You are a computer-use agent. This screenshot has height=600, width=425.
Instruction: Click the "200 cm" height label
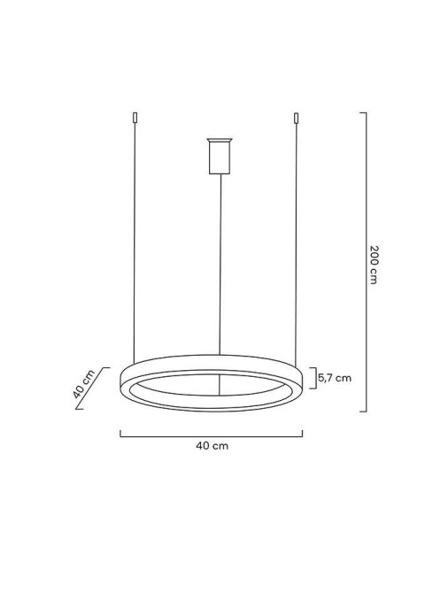pos(375,263)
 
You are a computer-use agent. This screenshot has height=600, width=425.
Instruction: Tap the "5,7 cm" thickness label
pos(334,378)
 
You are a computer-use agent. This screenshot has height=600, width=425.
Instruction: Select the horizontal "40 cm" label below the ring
pos(212,447)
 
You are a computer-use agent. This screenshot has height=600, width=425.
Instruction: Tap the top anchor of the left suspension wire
pos(134,117)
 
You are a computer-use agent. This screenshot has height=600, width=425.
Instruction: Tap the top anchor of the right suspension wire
pos(296,117)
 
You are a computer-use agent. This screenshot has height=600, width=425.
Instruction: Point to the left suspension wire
pos(134,248)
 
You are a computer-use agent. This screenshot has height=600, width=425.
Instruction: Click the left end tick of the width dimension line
pos(120,433)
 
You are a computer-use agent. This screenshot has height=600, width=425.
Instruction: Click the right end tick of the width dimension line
pos(303,433)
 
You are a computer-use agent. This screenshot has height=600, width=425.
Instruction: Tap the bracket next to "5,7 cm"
pos(312,378)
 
